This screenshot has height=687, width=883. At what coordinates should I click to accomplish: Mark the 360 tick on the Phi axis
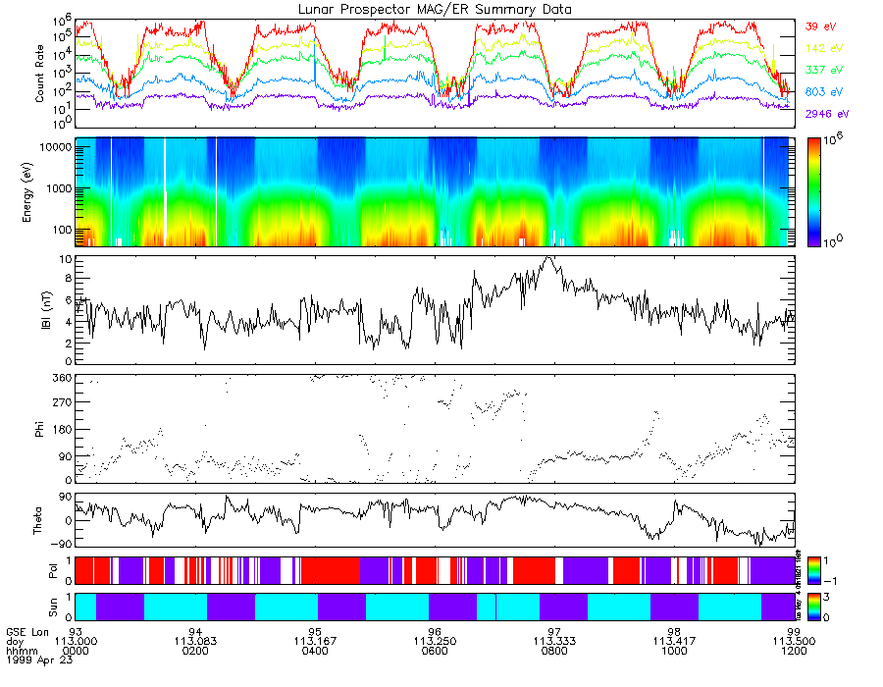click(63, 378)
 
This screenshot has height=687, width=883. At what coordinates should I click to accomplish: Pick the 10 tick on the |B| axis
click(65, 260)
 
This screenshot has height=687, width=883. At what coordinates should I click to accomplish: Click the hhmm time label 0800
click(554, 652)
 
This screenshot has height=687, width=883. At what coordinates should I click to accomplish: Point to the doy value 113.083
click(196, 642)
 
